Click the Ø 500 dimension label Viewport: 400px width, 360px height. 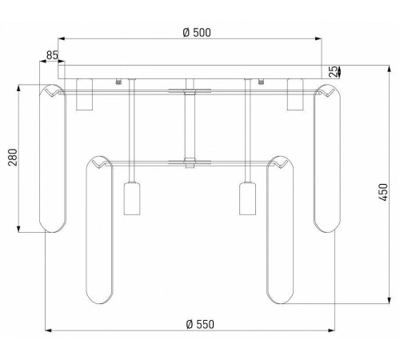point(197,33)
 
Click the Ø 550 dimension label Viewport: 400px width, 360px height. point(200,324)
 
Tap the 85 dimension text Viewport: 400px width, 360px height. point(52,55)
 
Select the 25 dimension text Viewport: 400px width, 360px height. point(333,71)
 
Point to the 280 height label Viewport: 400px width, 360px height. point(13,158)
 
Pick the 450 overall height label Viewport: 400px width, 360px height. point(383,192)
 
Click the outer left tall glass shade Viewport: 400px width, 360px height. point(52,158)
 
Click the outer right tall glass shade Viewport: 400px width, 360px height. point(327,158)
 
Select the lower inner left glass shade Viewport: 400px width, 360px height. point(100,230)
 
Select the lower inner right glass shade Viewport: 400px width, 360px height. point(280,230)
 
